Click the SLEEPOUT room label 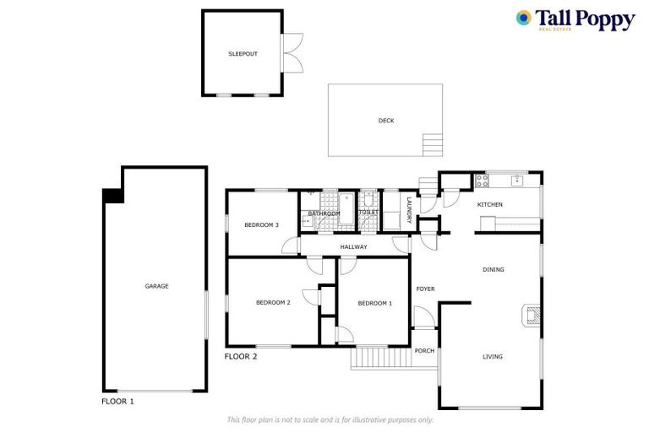coord(243,54)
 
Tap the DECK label coord(385,121)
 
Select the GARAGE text coord(156,286)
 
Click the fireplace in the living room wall coord(532,316)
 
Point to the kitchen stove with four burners coord(482,180)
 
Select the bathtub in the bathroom coord(347,211)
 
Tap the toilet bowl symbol coord(368,201)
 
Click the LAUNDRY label coord(409,210)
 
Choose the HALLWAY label coord(353,246)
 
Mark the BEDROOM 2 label coord(273,302)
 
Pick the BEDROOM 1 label coord(374,303)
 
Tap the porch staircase coord(381,358)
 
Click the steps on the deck coord(433,144)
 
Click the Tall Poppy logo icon coord(524,17)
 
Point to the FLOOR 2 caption coord(241,356)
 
